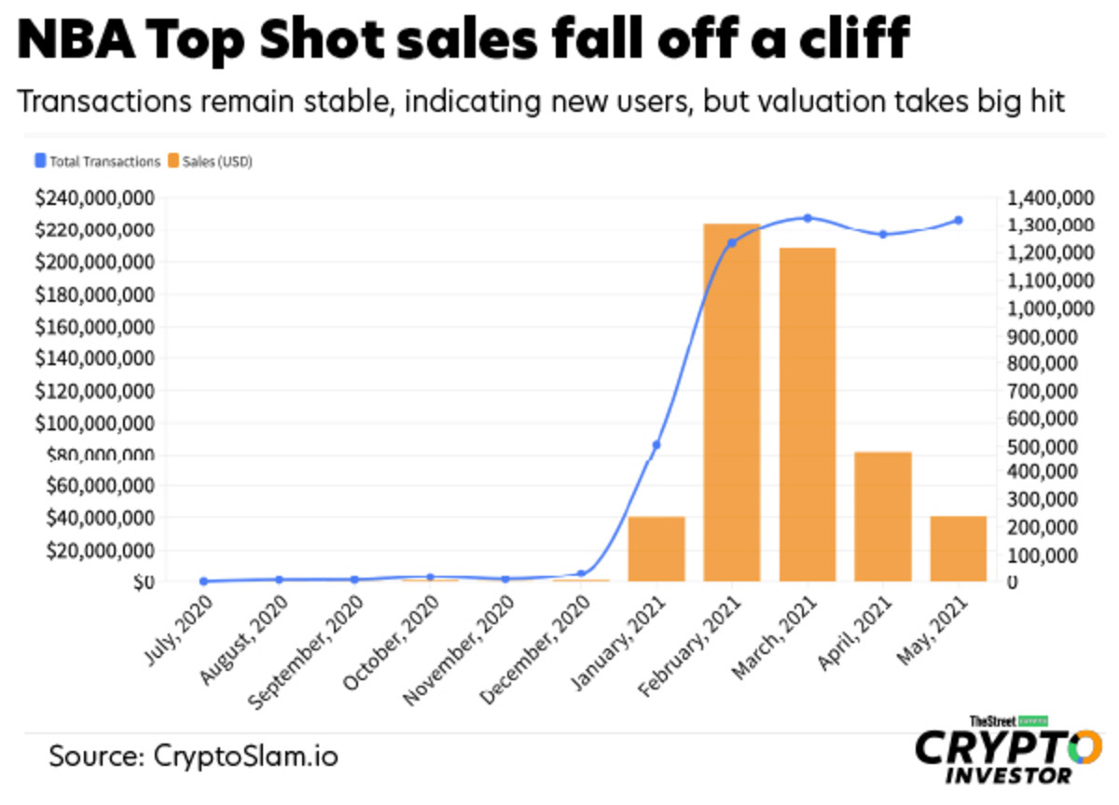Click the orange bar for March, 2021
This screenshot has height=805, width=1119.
tap(808, 415)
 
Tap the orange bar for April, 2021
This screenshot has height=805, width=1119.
tap(883, 516)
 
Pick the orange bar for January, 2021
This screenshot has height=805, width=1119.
tap(656, 549)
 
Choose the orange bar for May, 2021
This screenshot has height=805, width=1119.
tap(959, 549)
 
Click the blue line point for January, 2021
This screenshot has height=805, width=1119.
tap(656, 445)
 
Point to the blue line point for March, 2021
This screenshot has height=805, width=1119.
tap(808, 218)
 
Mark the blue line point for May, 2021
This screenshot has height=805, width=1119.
tap(959, 221)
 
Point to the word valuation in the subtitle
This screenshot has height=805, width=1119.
tap(799, 102)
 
